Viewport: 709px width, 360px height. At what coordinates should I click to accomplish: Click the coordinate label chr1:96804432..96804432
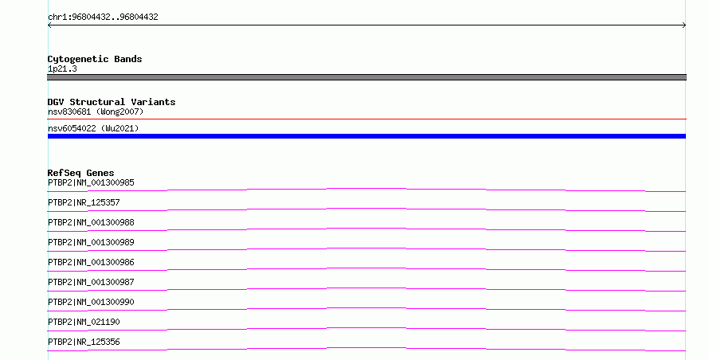tap(103, 18)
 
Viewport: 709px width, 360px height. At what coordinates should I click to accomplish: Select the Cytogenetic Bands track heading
tap(95, 59)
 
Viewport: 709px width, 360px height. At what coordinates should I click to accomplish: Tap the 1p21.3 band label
tap(62, 68)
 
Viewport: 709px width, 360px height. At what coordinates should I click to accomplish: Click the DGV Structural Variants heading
tap(112, 102)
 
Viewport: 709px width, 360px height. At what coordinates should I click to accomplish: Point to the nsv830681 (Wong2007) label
tap(96, 112)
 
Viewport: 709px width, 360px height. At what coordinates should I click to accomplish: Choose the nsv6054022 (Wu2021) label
tap(93, 128)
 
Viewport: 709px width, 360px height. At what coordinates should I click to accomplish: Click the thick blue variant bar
tap(366, 136)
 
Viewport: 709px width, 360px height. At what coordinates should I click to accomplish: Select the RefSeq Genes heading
tap(80, 173)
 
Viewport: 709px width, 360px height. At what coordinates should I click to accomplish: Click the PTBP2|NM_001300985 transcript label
tap(91, 182)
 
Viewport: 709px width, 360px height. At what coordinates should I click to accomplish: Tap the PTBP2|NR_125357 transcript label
tap(84, 202)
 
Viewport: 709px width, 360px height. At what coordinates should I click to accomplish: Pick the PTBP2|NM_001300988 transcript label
tap(91, 222)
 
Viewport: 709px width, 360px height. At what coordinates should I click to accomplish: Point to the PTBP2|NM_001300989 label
tap(91, 242)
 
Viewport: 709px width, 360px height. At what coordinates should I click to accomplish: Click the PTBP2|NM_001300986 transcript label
tap(91, 262)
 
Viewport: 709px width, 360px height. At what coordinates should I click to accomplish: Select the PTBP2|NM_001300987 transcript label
tap(91, 282)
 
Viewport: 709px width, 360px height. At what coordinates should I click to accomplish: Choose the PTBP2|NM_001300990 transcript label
tap(91, 302)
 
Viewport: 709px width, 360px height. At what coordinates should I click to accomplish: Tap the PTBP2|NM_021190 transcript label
tap(84, 322)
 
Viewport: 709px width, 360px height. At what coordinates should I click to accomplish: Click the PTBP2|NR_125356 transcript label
tap(84, 342)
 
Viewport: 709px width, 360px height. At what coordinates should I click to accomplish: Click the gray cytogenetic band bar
tap(366, 77)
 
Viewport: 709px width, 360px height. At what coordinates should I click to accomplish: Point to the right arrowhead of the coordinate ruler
tap(684, 25)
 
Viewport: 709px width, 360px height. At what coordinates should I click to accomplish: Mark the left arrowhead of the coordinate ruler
tap(49, 25)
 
